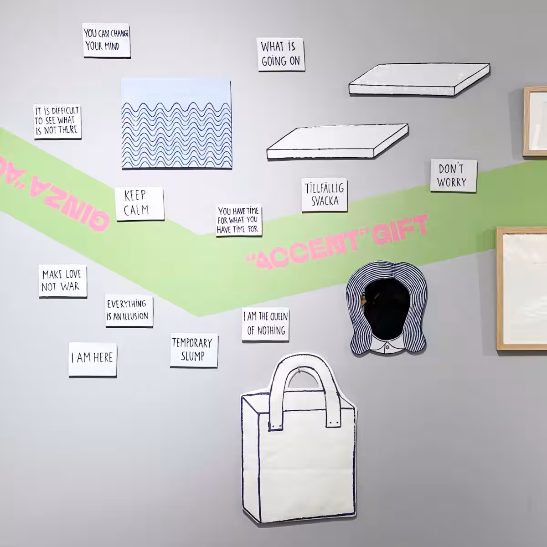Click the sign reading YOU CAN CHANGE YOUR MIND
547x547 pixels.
(107, 40)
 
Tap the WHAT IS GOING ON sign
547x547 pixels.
(281, 54)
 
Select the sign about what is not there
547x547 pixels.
(57, 121)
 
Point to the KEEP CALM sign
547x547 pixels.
(139, 204)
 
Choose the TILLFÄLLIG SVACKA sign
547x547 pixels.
(325, 195)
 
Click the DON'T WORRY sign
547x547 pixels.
(453, 175)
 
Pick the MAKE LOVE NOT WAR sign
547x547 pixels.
(62, 281)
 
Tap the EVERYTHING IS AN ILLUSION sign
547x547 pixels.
(129, 311)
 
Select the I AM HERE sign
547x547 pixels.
(93, 359)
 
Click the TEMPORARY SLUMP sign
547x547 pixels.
(194, 351)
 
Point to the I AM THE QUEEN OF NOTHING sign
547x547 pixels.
(265, 324)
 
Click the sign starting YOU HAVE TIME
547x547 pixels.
(238, 220)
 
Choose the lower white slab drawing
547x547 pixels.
(337, 141)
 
